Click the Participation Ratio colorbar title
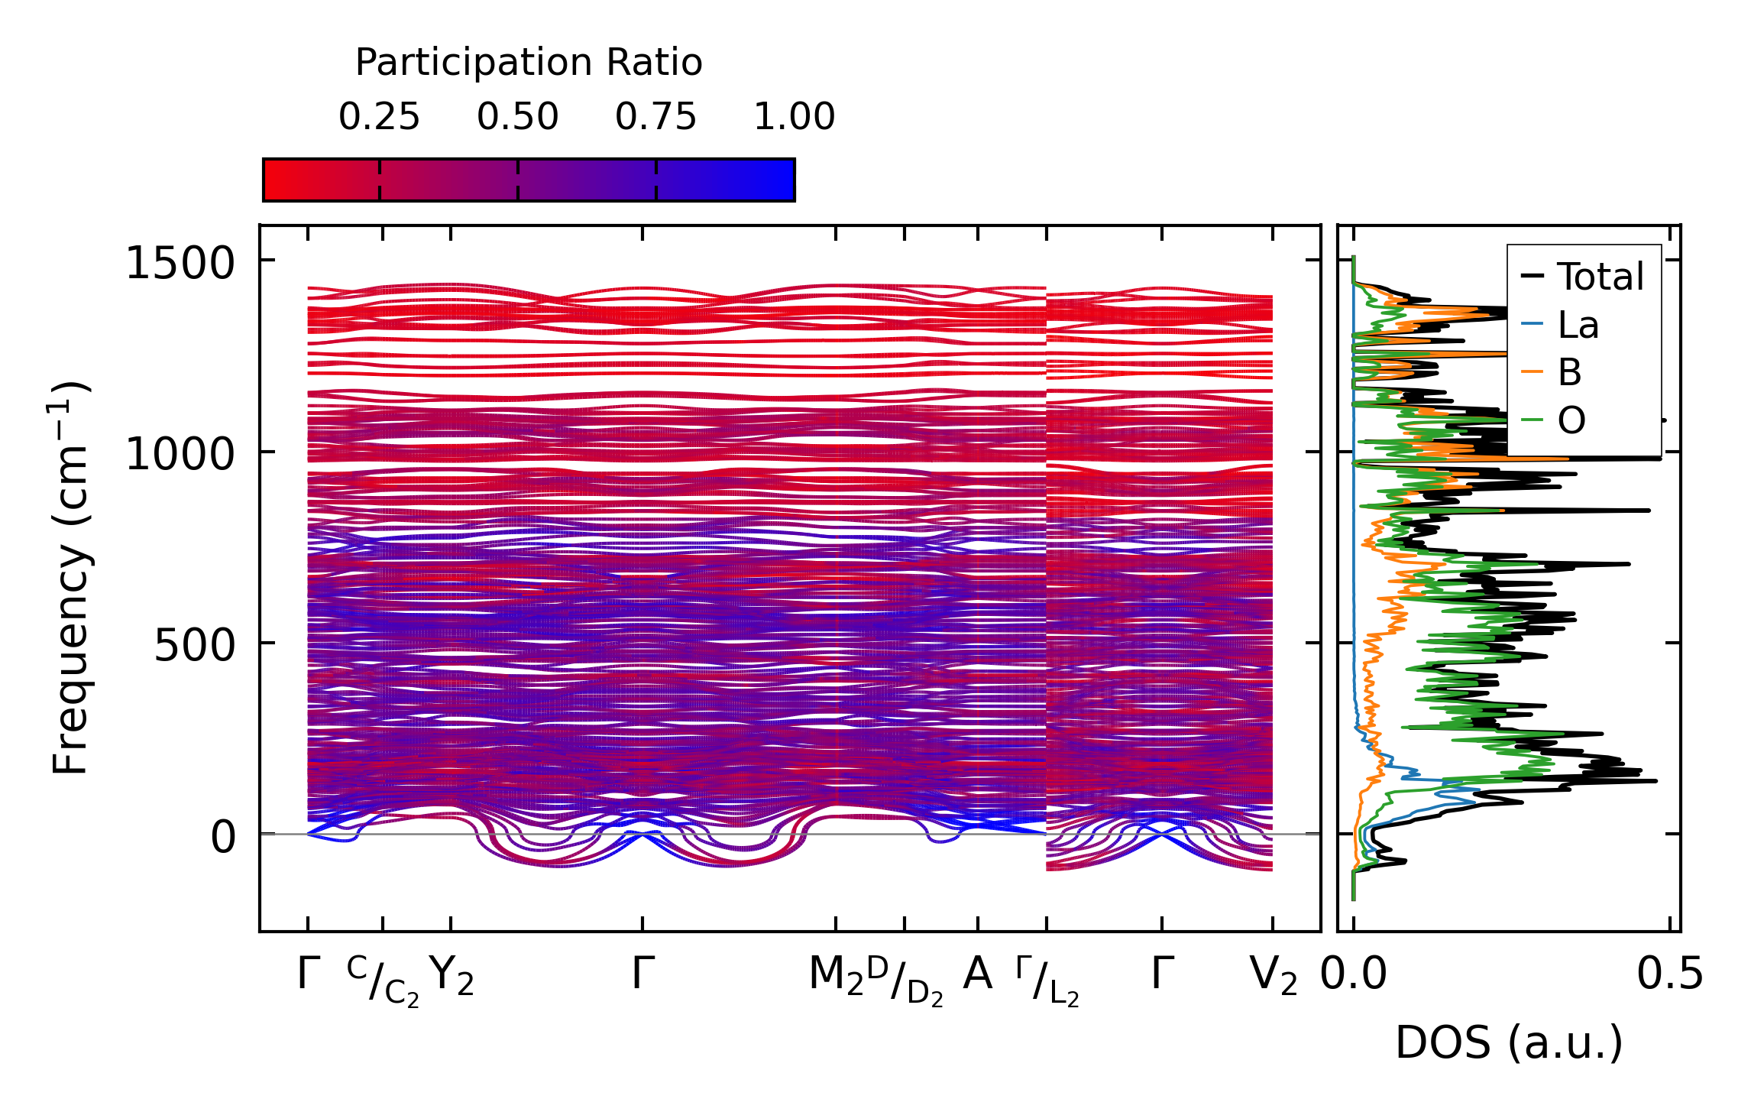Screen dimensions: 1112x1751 [529, 63]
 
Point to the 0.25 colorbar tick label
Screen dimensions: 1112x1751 [379, 117]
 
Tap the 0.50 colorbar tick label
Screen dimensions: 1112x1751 [517, 117]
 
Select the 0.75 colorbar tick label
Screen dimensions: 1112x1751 [655, 117]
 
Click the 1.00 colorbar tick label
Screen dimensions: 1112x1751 [794, 117]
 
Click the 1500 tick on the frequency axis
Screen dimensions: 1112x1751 [180, 264]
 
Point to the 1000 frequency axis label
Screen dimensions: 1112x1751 [180, 455]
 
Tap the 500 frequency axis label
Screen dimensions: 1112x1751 [194, 646]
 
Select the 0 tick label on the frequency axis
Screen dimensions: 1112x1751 [224, 837]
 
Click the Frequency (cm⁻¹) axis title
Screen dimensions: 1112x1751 [70, 578]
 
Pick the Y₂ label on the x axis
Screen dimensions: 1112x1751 [451, 976]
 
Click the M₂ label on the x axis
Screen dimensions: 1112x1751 [836, 976]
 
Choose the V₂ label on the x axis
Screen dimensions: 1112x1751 [1273, 976]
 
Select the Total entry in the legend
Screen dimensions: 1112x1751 [1600, 277]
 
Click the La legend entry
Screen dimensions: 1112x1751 [1578, 326]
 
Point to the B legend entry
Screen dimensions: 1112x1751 [1569, 373]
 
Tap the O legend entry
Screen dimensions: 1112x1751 [1571, 420]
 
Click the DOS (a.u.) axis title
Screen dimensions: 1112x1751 [1509, 1043]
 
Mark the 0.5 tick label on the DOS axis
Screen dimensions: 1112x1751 [1670, 975]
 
